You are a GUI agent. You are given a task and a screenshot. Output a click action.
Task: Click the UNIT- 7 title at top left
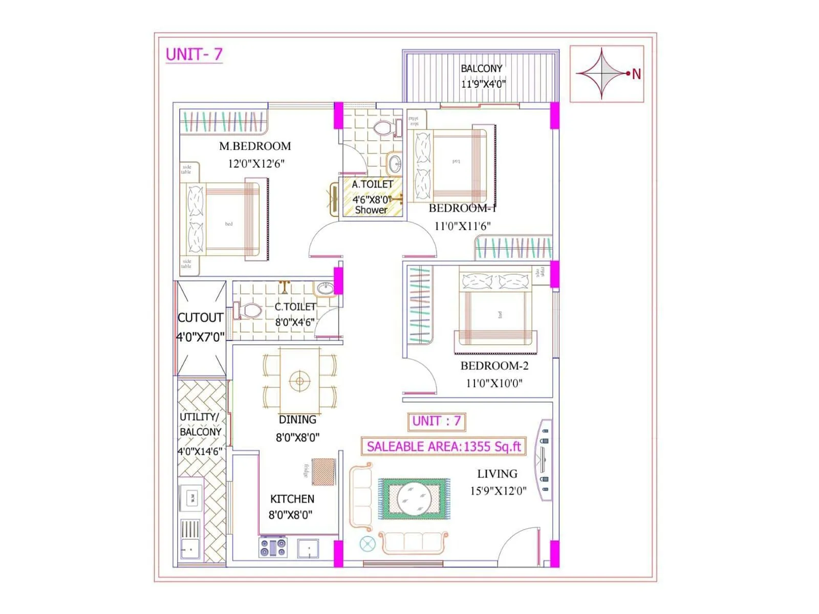tap(194, 54)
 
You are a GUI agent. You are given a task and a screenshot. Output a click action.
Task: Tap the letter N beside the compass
tap(636, 74)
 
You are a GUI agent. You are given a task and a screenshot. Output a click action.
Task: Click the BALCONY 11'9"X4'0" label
tap(482, 76)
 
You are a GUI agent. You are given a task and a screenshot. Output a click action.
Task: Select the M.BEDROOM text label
tap(255, 146)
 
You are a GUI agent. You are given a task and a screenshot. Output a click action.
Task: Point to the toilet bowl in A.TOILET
tap(382, 127)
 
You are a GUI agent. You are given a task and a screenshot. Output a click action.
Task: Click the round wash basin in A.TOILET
tap(395, 164)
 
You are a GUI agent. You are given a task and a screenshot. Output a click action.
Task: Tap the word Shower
tap(371, 210)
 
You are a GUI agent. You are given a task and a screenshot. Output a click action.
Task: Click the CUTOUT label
tap(200, 318)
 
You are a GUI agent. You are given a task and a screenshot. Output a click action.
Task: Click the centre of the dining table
tap(300, 381)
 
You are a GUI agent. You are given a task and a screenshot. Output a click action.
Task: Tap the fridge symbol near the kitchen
tap(323, 472)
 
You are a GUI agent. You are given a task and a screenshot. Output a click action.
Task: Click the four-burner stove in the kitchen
tap(273, 547)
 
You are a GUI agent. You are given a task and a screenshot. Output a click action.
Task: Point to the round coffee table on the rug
tap(414, 498)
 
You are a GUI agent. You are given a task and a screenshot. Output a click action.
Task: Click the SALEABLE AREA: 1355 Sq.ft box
tap(443, 446)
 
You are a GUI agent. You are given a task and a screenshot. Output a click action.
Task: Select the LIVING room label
tap(497, 474)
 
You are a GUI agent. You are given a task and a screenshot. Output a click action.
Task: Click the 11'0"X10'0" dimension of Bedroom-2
tap(494, 383)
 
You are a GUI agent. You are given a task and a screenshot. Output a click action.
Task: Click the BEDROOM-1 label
tap(462, 208)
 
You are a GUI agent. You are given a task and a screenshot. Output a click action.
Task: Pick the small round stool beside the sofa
tap(367, 544)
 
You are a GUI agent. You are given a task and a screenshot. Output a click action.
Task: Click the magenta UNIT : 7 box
tap(437, 421)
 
